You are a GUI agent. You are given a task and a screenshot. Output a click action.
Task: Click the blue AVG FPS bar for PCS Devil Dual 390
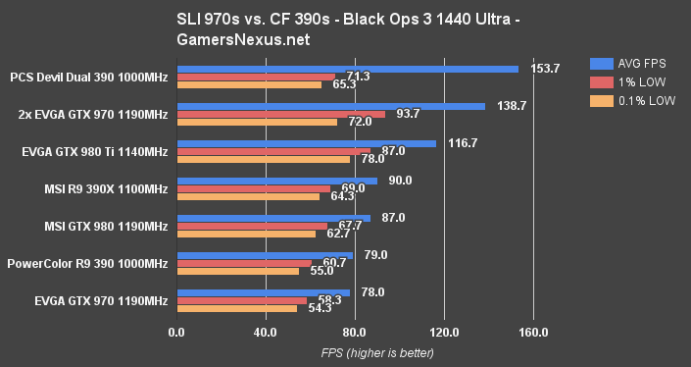(347, 69)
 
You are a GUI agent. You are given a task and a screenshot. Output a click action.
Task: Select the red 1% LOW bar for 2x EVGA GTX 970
(280, 114)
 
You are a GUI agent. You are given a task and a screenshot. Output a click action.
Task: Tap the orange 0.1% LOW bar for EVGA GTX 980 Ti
(263, 159)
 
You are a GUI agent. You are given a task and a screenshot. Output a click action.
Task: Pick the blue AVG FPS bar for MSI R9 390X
(276, 181)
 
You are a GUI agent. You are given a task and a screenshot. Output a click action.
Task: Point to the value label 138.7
(512, 105)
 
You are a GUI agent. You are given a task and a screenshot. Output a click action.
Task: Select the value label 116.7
(463, 143)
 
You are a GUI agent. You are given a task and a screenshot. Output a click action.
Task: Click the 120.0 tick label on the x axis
(444, 331)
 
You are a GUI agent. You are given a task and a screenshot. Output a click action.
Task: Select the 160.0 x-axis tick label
(533, 331)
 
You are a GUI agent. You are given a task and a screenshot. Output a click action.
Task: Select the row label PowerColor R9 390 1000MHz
(88, 264)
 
